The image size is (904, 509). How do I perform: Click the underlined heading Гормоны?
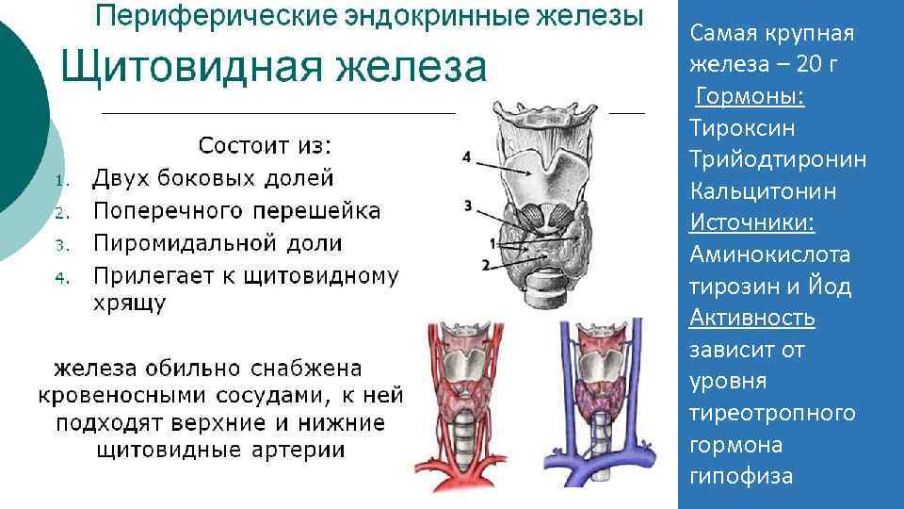[x=743, y=97]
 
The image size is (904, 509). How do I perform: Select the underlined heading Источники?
[x=752, y=222]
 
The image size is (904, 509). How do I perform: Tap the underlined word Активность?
[x=752, y=318]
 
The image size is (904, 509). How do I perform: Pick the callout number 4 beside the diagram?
[x=467, y=157]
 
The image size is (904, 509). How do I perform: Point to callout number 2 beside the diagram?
[x=485, y=265]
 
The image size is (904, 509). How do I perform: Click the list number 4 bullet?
[x=58, y=278]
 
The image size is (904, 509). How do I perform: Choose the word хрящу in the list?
[x=130, y=304]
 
